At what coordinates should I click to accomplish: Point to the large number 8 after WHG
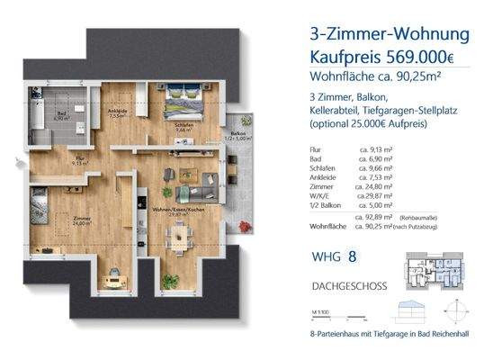click(353, 257)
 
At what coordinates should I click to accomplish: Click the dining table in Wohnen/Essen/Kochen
click(180, 235)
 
